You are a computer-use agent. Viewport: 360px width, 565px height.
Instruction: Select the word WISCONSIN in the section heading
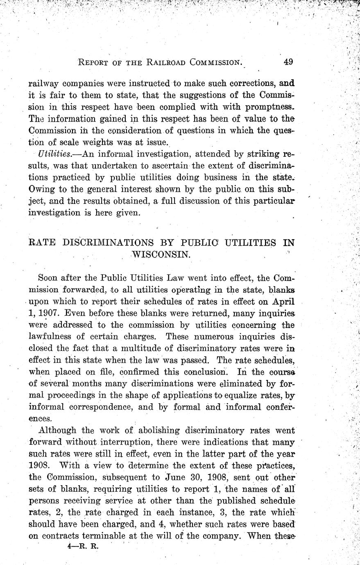tap(161, 254)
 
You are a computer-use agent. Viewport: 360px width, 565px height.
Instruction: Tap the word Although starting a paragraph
tap(58, 430)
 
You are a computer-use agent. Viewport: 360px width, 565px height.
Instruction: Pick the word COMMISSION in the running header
tap(214, 63)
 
